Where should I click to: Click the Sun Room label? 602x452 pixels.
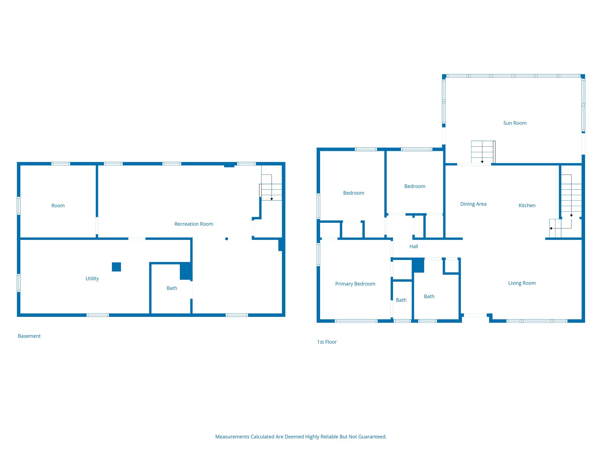515,123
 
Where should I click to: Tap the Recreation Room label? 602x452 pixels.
194,224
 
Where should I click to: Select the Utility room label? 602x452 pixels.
92,278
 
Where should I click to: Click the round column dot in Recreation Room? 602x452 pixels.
227,239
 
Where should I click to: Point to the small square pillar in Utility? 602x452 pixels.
116,267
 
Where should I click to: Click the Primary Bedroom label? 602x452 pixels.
355,284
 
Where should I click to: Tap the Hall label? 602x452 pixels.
414,247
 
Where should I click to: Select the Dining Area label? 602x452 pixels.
473,204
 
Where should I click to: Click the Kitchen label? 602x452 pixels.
527,205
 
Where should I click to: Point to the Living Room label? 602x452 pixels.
522,283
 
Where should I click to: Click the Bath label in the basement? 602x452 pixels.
172,288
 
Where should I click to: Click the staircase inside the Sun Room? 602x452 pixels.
482,152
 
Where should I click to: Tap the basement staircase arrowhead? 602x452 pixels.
272,199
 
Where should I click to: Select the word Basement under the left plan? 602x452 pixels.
29,336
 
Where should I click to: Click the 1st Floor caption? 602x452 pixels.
327,342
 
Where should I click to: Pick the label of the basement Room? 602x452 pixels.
58,206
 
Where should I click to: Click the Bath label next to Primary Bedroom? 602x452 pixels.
401,300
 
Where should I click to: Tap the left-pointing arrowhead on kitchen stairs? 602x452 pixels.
551,228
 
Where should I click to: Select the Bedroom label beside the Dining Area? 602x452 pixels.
415,186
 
